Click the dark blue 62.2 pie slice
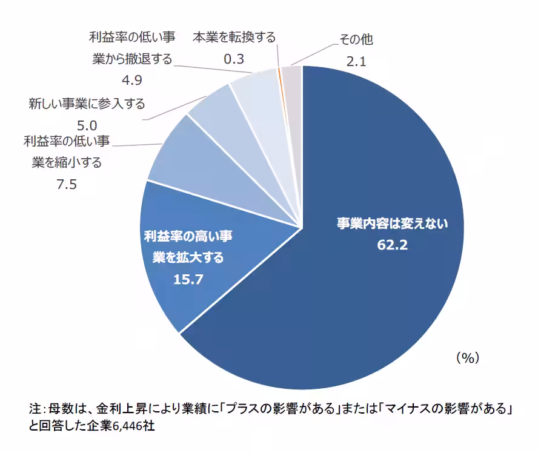click(x=376, y=291)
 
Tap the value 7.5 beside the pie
click(x=67, y=185)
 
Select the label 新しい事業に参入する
click(x=87, y=104)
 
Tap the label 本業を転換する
click(x=234, y=37)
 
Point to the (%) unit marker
click(x=467, y=358)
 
